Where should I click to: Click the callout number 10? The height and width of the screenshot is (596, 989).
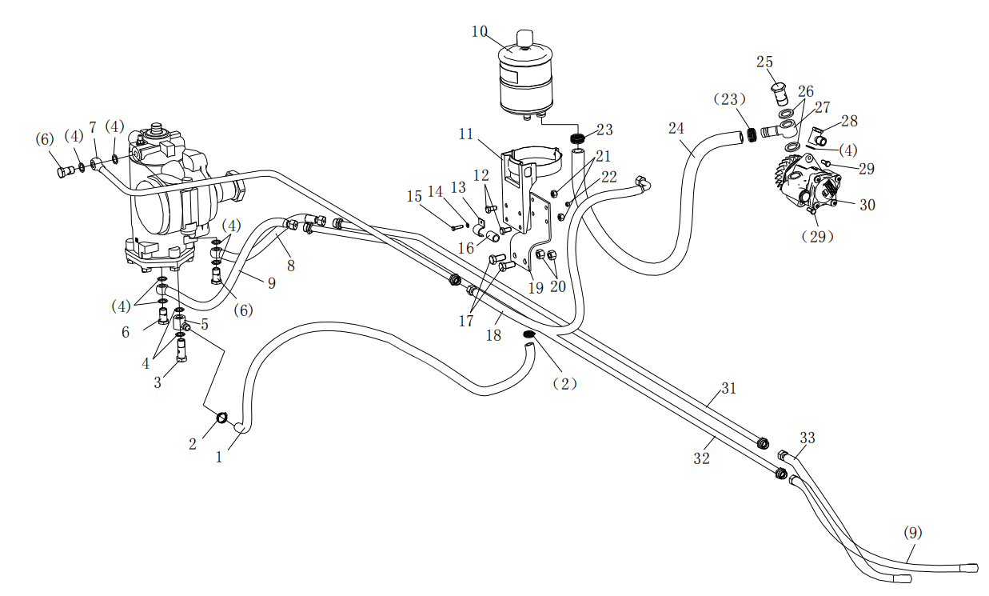pos(480,32)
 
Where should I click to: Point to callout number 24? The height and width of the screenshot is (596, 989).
pos(677,127)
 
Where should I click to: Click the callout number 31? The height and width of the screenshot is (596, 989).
pos(728,389)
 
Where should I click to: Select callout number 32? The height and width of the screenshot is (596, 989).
pos(702,459)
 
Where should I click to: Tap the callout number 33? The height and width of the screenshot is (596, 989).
pos(808,438)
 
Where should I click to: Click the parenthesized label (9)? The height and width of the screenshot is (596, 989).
pos(912,532)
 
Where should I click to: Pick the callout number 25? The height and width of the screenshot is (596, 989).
pos(765,62)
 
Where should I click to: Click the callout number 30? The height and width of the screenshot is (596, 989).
pos(867,205)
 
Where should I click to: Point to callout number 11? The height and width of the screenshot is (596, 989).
pos(466,134)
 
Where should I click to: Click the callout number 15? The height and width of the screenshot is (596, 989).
pos(414,195)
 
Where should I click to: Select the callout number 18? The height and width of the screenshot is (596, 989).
pos(494,336)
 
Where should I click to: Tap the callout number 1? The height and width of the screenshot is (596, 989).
pos(219,458)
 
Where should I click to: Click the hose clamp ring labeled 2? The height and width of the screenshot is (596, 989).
pos(223,418)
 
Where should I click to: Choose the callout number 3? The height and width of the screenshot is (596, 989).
pos(158,383)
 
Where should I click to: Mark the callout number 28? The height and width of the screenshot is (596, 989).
pos(849,121)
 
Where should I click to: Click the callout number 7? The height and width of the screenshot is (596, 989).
pos(93,128)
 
